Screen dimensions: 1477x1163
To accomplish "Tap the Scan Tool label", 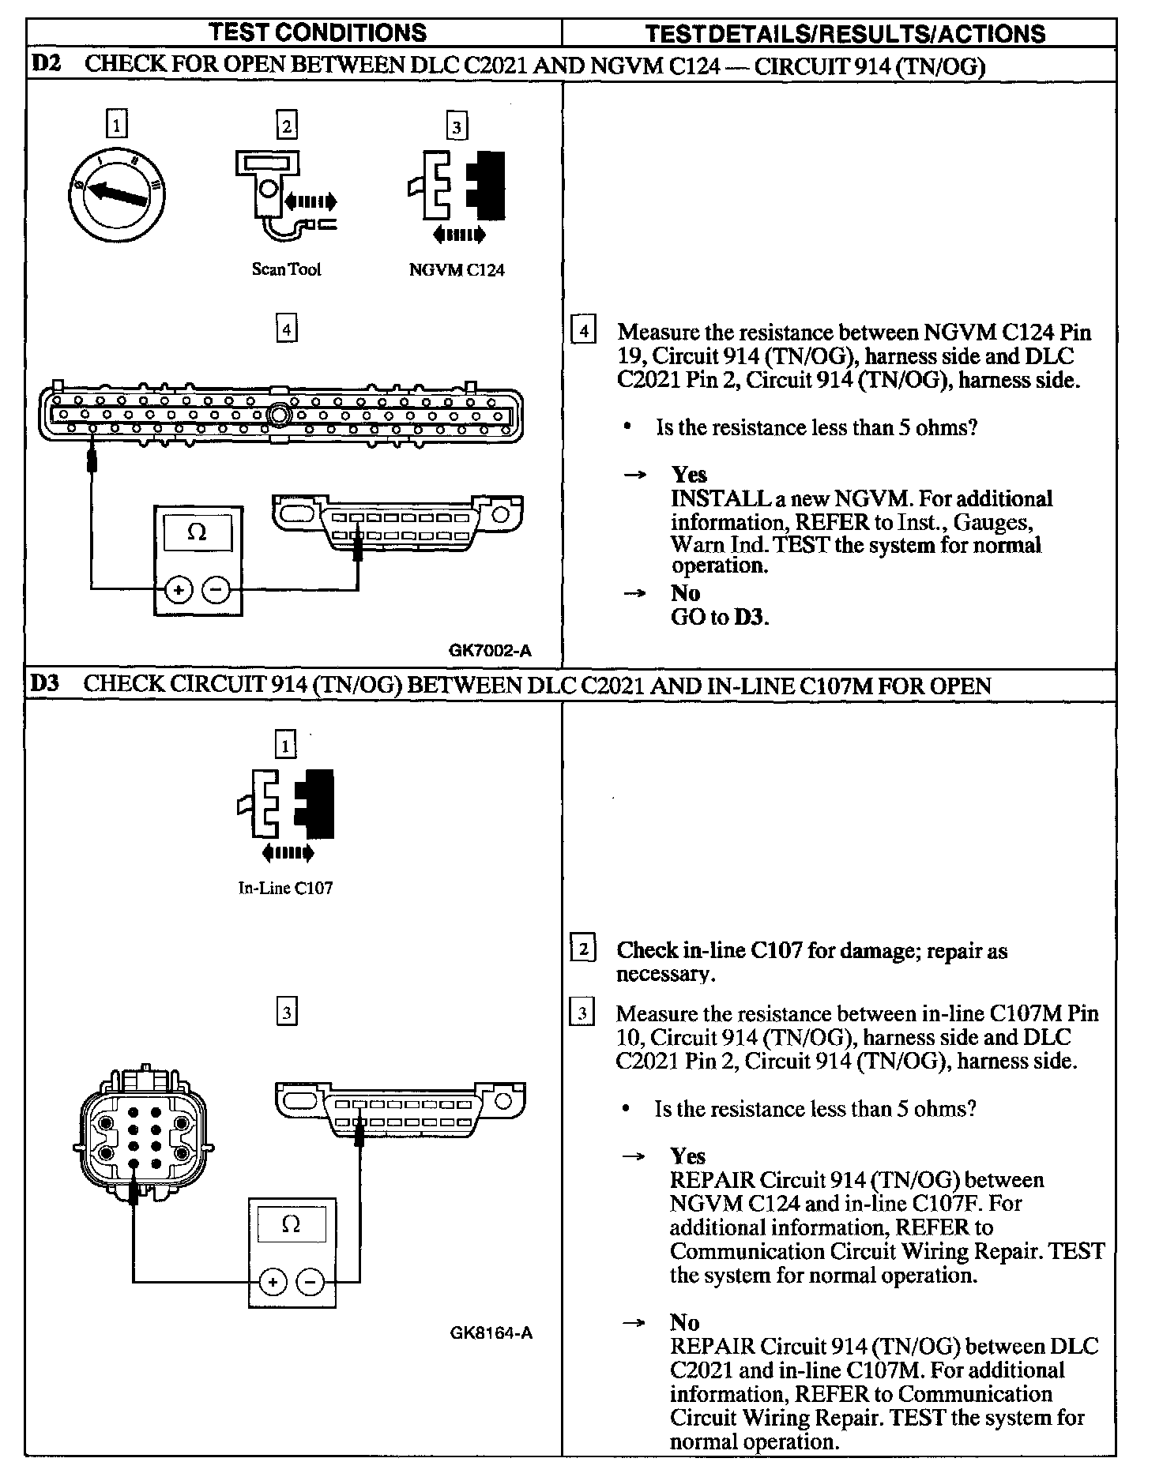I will (286, 269).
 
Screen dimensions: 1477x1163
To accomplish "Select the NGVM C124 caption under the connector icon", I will (457, 269).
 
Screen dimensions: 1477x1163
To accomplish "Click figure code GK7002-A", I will (490, 651).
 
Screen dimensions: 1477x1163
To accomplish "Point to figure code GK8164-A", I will (491, 1332).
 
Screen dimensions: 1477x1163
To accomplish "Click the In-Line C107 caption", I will (285, 888).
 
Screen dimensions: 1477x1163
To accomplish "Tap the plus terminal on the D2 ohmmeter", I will (179, 590).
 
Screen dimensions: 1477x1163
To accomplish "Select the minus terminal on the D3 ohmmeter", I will (311, 1281).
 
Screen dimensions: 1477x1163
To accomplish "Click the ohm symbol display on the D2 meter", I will (198, 533).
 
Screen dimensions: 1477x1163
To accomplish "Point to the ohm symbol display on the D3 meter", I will (291, 1225).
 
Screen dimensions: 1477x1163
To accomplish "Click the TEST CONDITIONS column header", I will (318, 32).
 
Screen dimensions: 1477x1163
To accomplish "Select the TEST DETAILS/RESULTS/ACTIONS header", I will (845, 33).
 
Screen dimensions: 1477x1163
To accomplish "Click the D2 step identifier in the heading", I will (45, 65).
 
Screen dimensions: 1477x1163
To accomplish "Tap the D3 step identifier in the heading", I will (44, 684).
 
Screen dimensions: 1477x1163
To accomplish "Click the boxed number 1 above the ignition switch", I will (117, 126).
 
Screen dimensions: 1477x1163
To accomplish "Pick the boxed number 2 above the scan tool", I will (286, 126).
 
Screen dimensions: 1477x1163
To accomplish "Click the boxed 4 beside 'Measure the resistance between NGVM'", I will (583, 330).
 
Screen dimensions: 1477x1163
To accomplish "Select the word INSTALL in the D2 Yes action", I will (709, 499).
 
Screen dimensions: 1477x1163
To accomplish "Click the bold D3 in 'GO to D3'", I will (750, 617).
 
